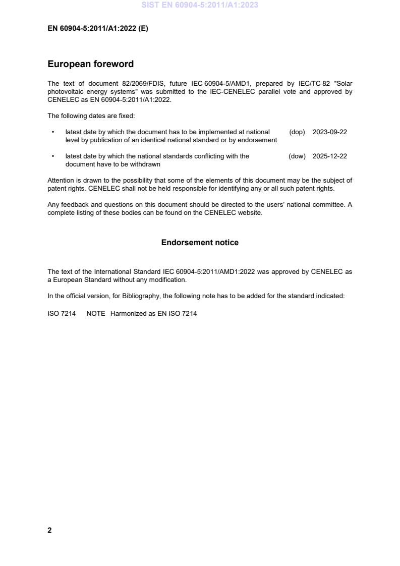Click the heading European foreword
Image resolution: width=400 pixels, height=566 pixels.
pos(90,64)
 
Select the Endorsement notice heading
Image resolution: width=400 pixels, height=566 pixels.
pos(200,243)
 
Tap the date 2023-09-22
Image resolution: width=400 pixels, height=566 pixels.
pos(329,132)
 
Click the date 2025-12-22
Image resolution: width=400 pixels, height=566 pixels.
pos(329,156)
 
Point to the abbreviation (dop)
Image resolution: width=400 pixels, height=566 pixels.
pos(297,132)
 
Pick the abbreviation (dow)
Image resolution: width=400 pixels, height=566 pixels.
pos(297,156)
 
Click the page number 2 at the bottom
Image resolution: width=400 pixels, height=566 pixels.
pos(49,530)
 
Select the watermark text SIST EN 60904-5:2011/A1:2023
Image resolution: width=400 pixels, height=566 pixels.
pos(200,5)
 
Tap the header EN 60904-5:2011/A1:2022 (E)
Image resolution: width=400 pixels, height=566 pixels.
pos(97,29)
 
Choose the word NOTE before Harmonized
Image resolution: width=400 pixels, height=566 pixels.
pos(96,314)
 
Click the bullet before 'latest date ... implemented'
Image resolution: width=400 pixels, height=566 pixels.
pos(53,132)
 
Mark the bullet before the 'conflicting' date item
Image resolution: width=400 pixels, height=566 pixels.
pos(53,156)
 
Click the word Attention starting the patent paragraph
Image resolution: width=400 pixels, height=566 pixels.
pos(61,181)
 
